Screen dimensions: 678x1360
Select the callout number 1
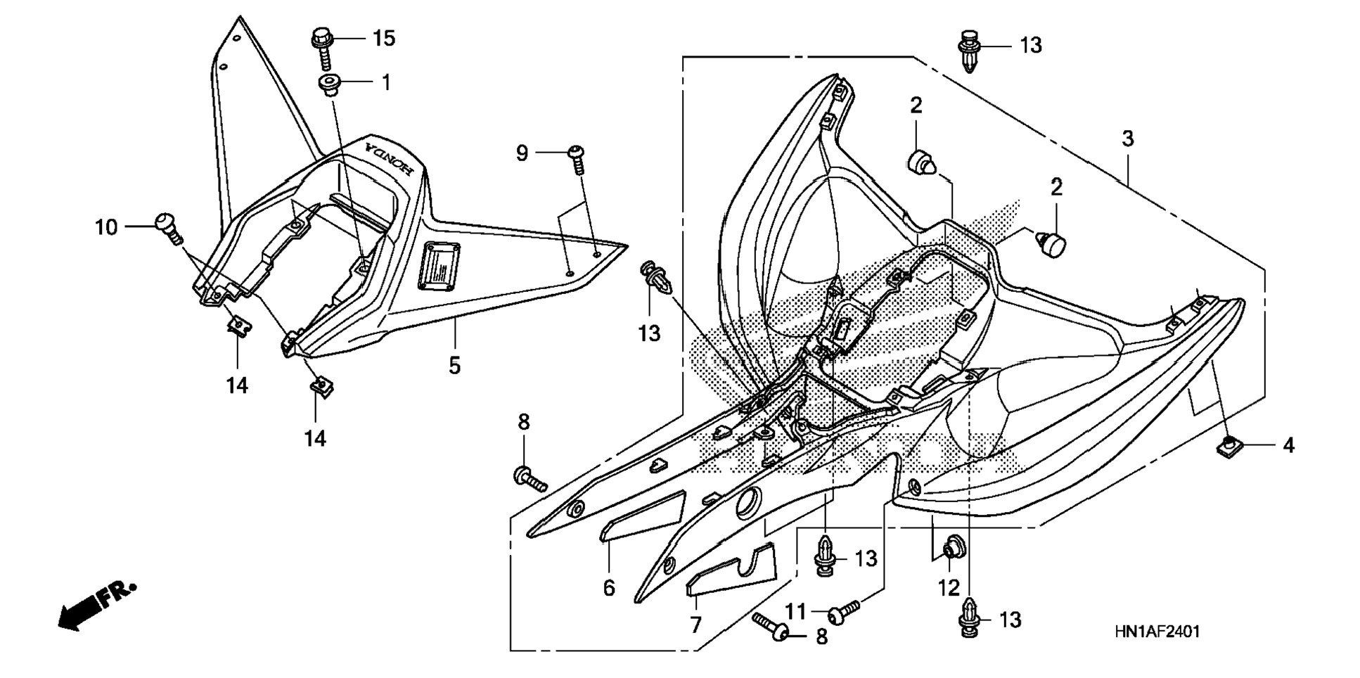[385, 83]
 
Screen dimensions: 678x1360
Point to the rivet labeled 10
[167, 226]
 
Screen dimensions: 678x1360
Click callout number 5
[454, 366]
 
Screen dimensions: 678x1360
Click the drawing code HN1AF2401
[1156, 632]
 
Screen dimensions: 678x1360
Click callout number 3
[1127, 139]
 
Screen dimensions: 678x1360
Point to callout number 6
[609, 587]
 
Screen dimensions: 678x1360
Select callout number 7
[695, 625]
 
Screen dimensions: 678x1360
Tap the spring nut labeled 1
[328, 86]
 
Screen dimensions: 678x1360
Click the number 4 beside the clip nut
[1288, 445]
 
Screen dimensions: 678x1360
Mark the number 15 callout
[384, 38]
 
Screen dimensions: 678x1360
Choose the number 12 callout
[949, 587]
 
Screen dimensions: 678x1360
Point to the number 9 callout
[522, 153]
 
